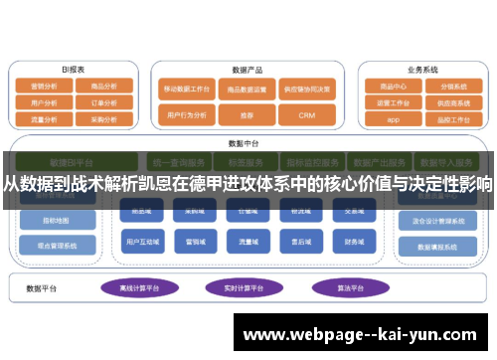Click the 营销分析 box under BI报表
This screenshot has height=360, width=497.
(x=45, y=86)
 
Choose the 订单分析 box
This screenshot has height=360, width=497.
(x=103, y=101)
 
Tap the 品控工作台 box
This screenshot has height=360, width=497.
(x=451, y=119)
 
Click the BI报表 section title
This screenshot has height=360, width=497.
(x=73, y=70)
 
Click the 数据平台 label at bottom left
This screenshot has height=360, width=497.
(x=42, y=288)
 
